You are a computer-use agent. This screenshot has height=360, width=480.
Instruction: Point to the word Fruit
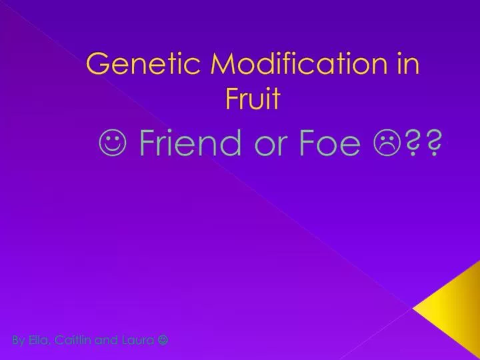pyautogui.click(x=253, y=99)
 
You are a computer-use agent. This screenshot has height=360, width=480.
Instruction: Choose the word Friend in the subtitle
pyautogui.click(x=191, y=143)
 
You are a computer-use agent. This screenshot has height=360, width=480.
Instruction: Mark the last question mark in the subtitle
pyautogui.click(x=434, y=144)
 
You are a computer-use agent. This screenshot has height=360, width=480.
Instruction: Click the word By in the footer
pyautogui.click(x=18, y=340)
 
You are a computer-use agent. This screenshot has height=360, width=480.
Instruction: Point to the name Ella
pyautogui.click(x=39, y=340)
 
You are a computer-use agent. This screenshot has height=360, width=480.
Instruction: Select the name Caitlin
pyautogui.click(x=72, y=340)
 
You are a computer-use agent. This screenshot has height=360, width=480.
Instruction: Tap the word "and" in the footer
pyautogui.click(x=105, y=340)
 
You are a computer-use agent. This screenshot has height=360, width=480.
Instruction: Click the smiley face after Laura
pyautogui.click(x=163, y=340)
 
